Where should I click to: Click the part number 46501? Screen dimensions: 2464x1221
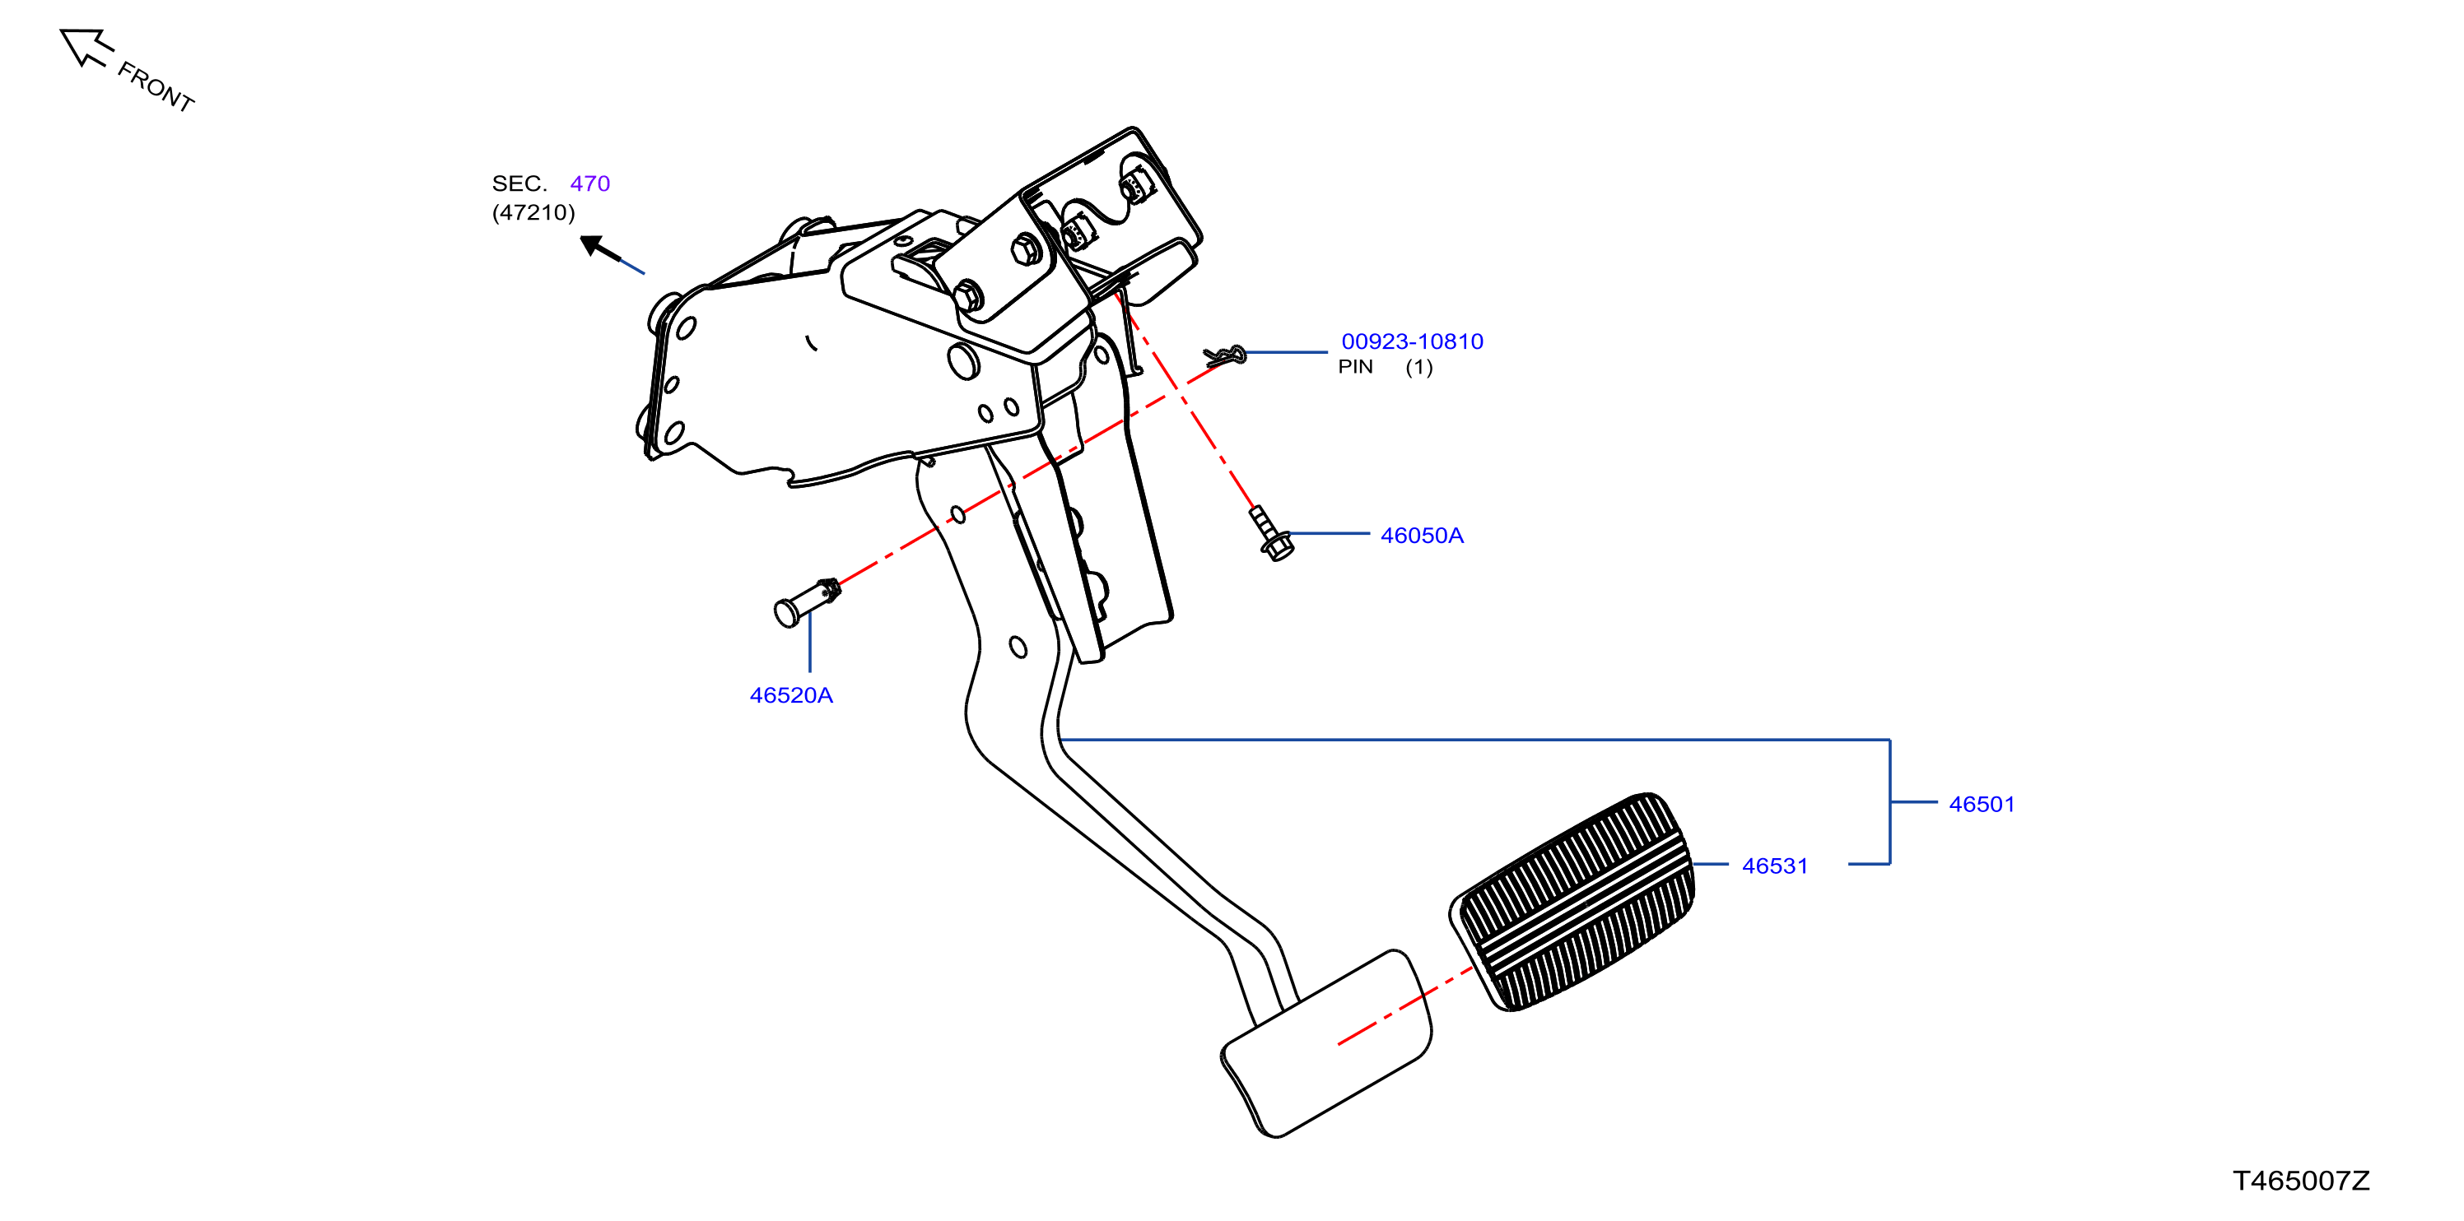pyautogui.click(x=1981, y=804)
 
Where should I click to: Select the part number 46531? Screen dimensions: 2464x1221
pyautogui.click(x=1774, y=866)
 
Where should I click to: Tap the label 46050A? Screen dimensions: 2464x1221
pyautogui.click(x=1422, y=536)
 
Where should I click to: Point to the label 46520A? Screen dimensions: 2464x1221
pyautogui.click(x=791, y=695)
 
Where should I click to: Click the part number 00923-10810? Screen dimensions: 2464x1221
pyautogui.click(x=1412, y=341)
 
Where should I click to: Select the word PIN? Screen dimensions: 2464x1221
pyautogui.click(x=1355, y=367)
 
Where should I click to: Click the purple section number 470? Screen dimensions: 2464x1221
pyautogui.click(x=590, y=183)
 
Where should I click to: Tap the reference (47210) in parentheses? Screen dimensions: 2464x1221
pyautogui.click(x=533, y=212)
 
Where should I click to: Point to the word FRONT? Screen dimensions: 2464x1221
pyautogui.click(x=156, y=87)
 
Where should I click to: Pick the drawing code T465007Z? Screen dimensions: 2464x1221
pyautogui.click(x=2301, y=1181)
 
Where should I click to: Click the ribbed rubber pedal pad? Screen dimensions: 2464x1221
pyautogui.click(x=1572, y=901)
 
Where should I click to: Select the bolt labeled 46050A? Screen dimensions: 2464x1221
pyautogui.click(x=1271, y=532)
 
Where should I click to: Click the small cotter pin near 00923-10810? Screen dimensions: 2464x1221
pyautogui.click(x=1225, y=355)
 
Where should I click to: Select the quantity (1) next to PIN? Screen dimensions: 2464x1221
pyautogui.click(x=1418, y=367)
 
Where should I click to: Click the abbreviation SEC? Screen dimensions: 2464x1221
pyautogui.click(x=519, y=183)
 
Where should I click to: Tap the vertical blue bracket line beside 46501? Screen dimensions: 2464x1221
pyautogui.click(x=1890, y=801)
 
